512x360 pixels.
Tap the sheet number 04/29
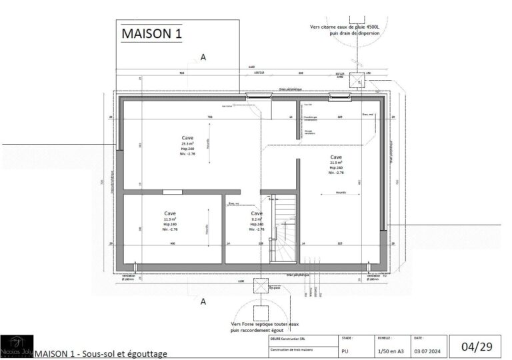pyautogui.click(x=476, y=346)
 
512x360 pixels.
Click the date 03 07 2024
pyautogui.click(x=426, y=350)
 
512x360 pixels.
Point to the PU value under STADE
pyautogui.click(x=345, y=350)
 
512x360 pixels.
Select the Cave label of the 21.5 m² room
pyautogui.click(x=336, y=157)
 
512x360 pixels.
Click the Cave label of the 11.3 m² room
pyautogui.click(x=169, y=213)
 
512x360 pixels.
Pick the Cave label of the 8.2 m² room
pyautogui.click(x=257, y=213)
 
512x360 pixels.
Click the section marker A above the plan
pyautogui.click(x=203, y=58)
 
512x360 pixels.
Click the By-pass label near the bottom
pyautogui.click(x=274, y=288)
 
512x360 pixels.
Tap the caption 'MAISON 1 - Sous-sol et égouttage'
pyautogui.click(x=100, y=353)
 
